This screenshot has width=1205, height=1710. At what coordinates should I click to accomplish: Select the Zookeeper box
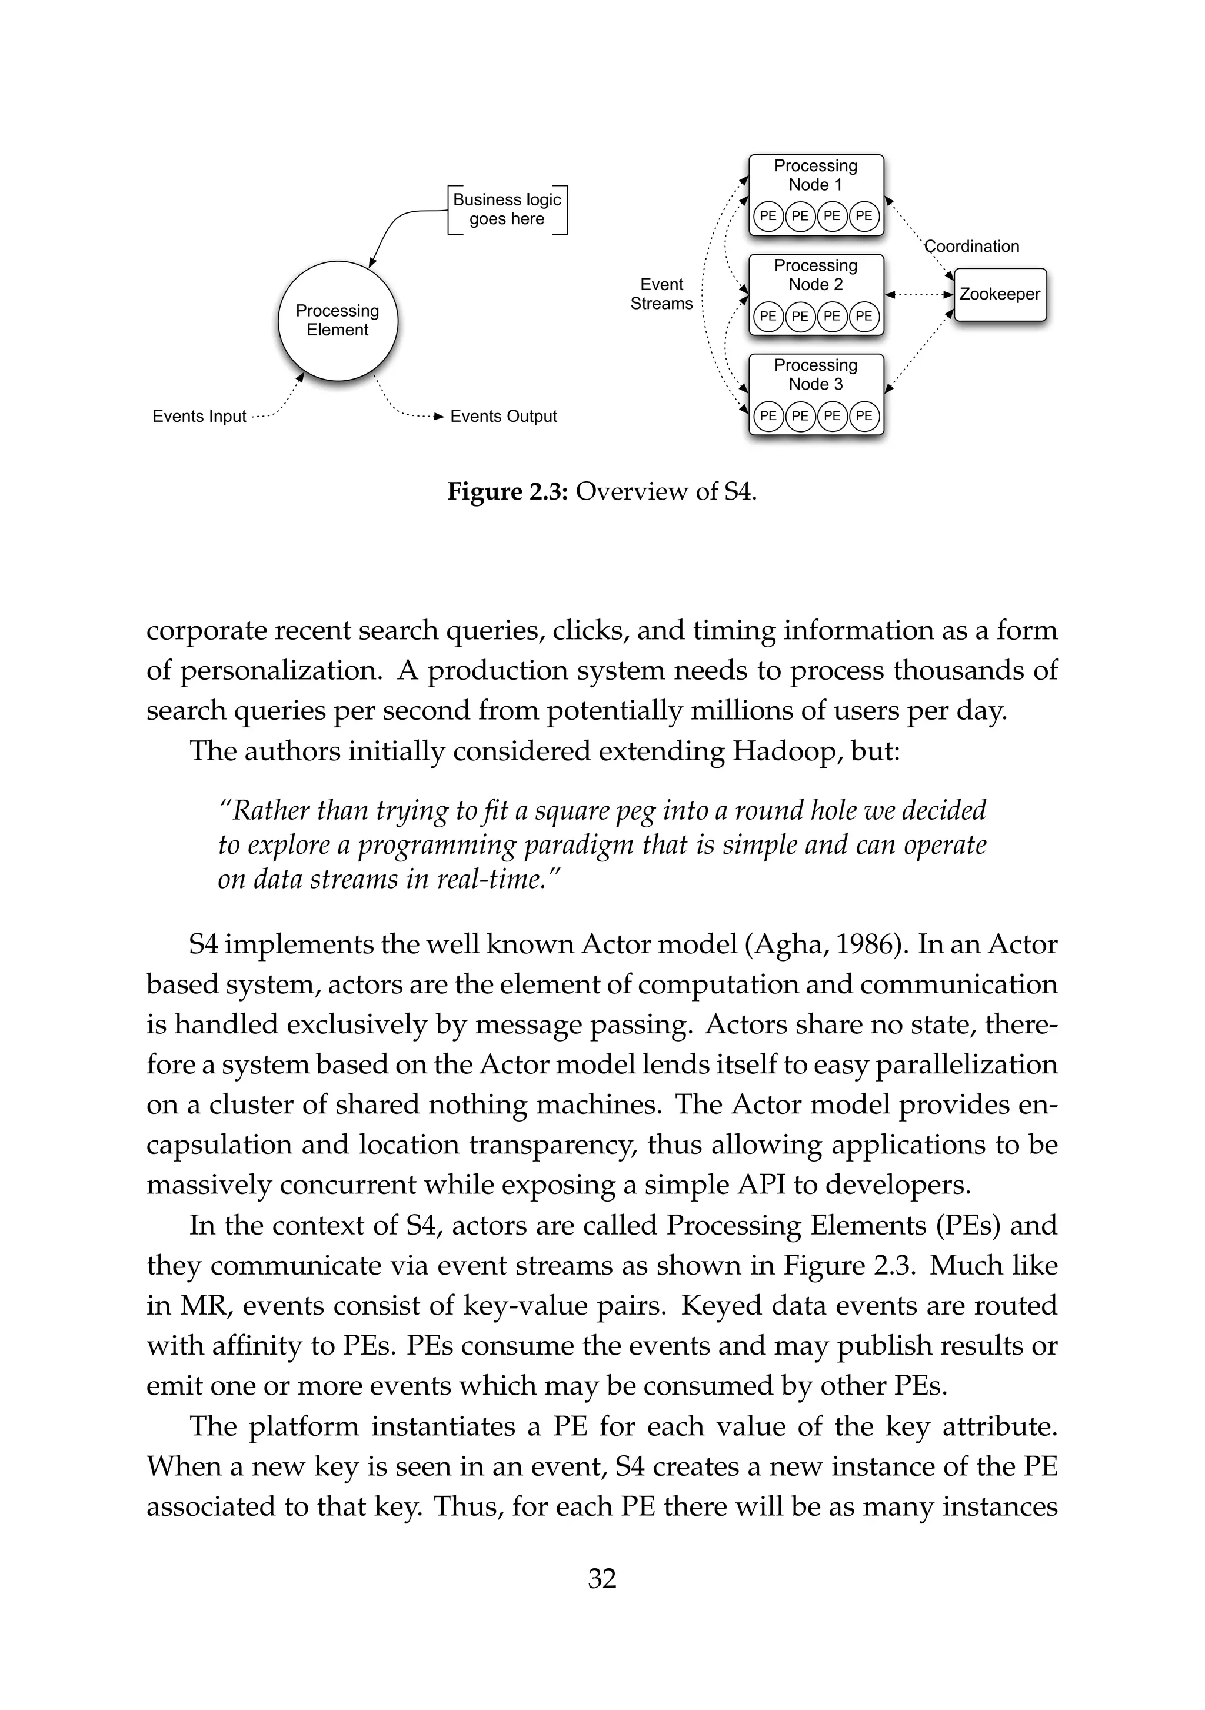pyautogui.click(x=1000, y=295)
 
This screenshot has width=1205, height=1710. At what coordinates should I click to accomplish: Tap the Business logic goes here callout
pyautogui.click(x=507, y=209)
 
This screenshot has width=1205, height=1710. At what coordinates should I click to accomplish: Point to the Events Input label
pyautogui.click(x=199, y=417)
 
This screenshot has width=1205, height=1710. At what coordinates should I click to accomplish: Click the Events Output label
pyautogui.click(x=504, y=417)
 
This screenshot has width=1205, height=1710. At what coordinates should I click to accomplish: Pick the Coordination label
pyautogui.click(x=972, y=247)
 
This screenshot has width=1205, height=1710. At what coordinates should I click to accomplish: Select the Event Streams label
pyautogui.click(x=661, y=294)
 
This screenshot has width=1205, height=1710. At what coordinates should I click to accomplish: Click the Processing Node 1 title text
pyautogui.click(x=815, y=175)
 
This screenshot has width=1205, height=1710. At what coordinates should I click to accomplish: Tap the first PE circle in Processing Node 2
pyautogui.click(x=768, y=316)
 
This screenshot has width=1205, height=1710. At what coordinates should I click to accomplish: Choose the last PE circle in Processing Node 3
pyautogui.click(x=864, y=415)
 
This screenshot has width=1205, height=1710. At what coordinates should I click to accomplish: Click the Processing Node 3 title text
pyautogui.click(x=815, y=375)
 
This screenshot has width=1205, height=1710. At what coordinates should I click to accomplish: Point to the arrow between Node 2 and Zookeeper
pyautogui.click(x=919, y=295)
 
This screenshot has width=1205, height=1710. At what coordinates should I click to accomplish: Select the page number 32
pyautogui.click(x=602, y=1579)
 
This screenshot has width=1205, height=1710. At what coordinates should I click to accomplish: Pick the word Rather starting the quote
pyautogui.click(x=264, y=810)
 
